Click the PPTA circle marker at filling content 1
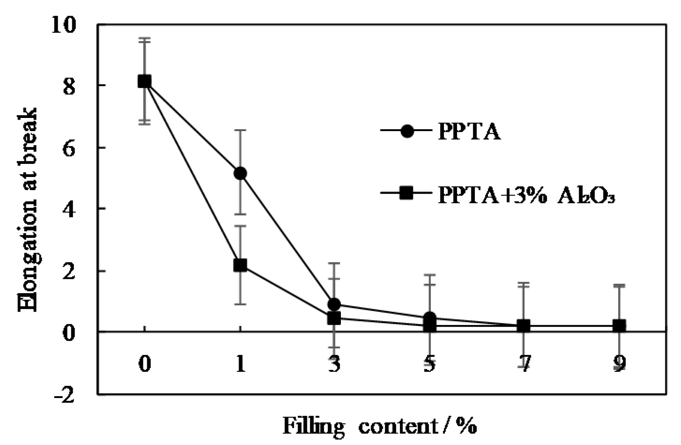tap(240, 173)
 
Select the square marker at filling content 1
tap(240, 265)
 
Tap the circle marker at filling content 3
tap(334, 304)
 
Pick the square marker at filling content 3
tap(334, 318)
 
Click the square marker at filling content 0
tap(145, 81)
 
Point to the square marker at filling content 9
tap(619, 326)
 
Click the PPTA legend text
tap(469, 131)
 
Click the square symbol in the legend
tap(406, 193)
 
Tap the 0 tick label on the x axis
tap(145, 364)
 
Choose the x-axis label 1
tap(240, 364)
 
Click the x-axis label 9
tap(619, 364)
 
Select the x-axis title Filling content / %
tap(379, 426)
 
